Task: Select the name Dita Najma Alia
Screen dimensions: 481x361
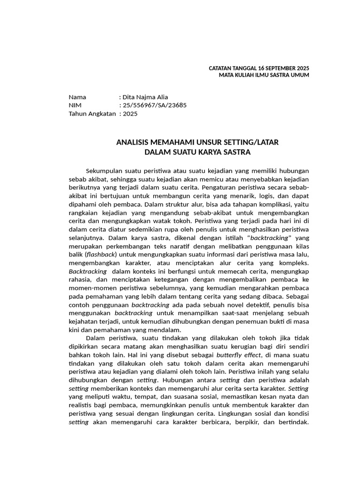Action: (x=145, y=97)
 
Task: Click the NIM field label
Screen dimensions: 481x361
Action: (x=75, y=105)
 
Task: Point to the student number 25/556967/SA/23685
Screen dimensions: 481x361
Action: (x=155, y=105)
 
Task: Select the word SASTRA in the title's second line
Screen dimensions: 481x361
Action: (x=236, y=152)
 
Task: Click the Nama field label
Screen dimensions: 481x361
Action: (x=78, y=97)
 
